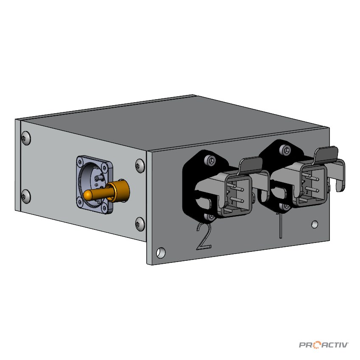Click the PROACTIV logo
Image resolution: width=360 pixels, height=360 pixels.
324,345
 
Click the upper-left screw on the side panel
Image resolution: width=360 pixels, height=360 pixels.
25,138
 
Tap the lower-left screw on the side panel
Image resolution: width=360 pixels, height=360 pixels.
26,196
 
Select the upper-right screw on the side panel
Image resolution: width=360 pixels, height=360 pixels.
139,165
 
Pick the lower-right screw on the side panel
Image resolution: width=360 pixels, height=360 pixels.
139,223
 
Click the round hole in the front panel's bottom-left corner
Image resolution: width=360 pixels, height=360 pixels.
161,252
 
